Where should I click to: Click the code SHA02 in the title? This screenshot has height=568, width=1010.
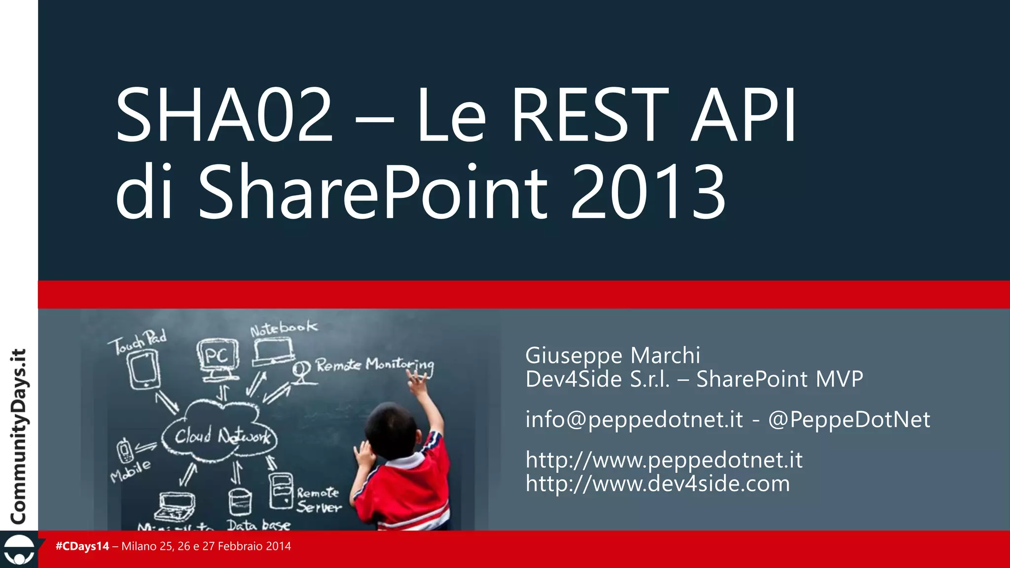224,114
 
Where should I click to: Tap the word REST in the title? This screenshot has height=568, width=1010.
589,114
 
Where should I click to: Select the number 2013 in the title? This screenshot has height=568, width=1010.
648,192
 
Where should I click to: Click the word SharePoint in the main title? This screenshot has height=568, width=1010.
373,192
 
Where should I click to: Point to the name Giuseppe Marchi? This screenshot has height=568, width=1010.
613,355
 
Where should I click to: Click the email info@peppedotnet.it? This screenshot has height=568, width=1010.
634,420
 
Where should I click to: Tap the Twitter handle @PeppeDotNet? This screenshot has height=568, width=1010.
849,420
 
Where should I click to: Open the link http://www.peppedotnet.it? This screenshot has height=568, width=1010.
664,460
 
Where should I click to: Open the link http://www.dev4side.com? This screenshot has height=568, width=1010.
658,484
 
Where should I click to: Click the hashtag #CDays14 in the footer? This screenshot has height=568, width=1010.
82,546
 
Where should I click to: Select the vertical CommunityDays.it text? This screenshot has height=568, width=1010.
19,436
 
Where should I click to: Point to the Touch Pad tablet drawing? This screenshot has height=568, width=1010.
144,369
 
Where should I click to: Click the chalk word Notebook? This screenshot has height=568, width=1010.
284,328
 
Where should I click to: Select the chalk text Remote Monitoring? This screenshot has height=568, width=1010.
375,365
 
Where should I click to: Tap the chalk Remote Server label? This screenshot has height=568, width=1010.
319,499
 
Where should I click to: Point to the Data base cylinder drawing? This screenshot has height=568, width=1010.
240,502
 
